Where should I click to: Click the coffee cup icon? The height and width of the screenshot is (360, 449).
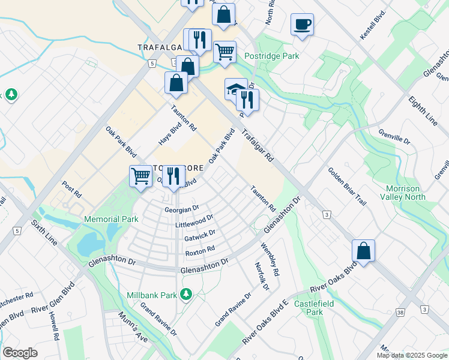click(302, 25)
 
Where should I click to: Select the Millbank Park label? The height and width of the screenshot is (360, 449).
click(152, 295)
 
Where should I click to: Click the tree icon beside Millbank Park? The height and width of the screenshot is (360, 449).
click(187, 293)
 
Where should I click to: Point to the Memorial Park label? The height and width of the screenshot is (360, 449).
click(111, 220)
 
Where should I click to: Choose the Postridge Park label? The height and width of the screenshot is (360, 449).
click(271, 56)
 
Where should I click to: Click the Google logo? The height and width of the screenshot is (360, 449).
click(20, 353)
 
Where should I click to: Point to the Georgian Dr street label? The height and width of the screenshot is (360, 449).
click(182, 209)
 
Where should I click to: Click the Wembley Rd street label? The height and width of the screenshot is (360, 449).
click(270, 259)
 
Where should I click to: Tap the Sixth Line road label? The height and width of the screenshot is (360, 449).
click(45, 233)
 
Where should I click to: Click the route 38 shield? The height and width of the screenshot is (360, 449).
click(399, 311)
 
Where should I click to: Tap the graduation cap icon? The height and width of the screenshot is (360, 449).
click(234, 89)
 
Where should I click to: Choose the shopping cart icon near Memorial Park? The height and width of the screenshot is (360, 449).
click(140, 176)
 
